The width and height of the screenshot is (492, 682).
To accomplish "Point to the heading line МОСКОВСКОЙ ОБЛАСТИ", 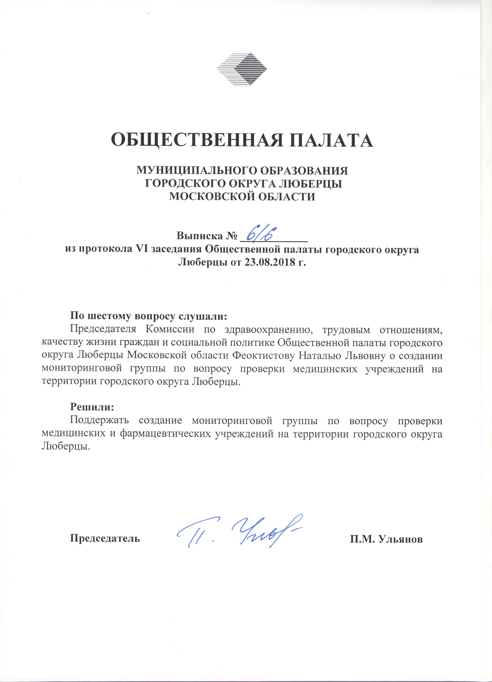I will (242, 196).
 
